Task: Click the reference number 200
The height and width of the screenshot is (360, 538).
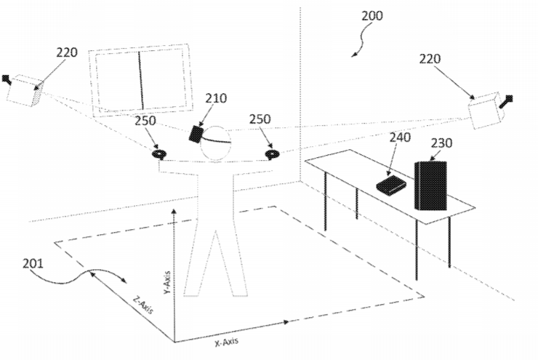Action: (372, 16)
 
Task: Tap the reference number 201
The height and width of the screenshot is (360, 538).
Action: (33, 263)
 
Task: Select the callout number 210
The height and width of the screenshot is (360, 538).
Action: (216, 98)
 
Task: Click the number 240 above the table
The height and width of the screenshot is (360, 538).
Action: (400, 137)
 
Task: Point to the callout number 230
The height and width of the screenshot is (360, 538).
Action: (441, 143)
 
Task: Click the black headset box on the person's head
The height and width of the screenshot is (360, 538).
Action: (196, 135)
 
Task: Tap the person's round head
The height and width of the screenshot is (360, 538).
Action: (215, 143)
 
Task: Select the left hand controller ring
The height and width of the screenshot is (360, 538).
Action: (159, 153)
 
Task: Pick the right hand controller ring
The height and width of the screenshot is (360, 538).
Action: (272, 154)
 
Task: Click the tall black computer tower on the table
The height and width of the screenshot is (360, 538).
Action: (430, 185)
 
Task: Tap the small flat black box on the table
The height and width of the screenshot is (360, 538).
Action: (391, 184)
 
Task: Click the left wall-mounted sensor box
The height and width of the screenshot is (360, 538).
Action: (25, 90)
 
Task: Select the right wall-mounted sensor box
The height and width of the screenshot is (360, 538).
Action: (486, 111)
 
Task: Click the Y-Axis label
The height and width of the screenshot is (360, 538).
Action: (166, 283)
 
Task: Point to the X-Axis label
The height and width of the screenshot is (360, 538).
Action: (226, 342)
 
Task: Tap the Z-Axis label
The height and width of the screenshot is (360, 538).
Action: (143, 305)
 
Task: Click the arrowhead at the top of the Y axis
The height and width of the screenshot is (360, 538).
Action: (174, 211)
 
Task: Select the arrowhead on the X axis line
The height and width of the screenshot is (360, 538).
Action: (285, 322)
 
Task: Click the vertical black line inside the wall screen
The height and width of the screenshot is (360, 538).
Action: (140, 80)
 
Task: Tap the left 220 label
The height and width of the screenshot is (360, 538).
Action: (67, 52)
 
